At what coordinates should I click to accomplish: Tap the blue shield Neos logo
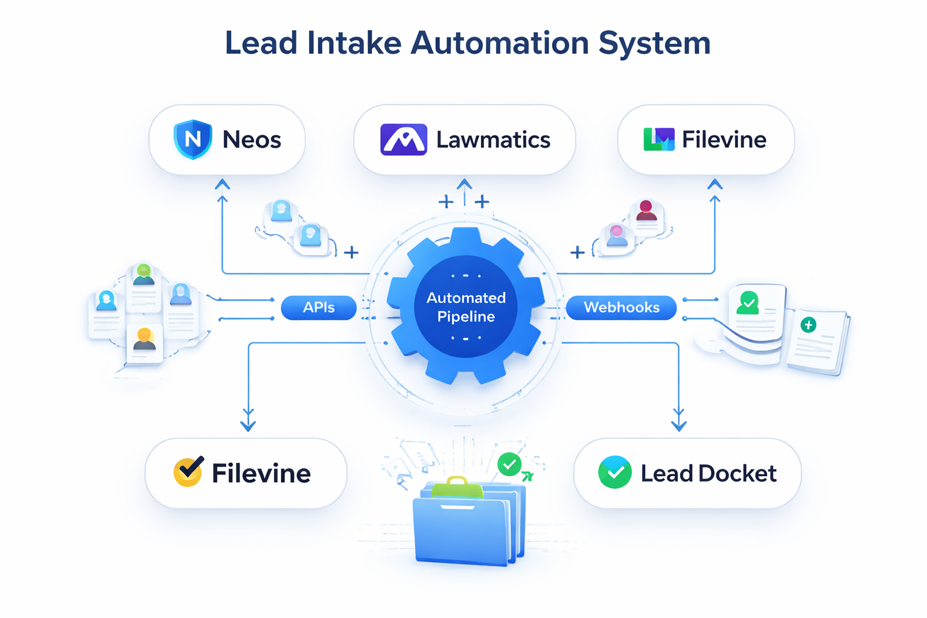coord(193,139)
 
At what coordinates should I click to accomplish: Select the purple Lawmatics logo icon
coord(404,139)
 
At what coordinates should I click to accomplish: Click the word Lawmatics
coord(493,140)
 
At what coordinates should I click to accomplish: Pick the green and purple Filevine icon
coord(658,139)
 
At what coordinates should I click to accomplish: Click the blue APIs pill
coord(319,308)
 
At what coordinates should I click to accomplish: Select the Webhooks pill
coord(621,308)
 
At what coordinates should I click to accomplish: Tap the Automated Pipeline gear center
coord(465,307)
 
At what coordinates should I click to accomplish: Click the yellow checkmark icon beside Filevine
coord(188,472)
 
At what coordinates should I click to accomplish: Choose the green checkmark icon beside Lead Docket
coord(614,473)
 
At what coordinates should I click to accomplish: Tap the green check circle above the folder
coord(509,464)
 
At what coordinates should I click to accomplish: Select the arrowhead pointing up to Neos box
coord(222,184)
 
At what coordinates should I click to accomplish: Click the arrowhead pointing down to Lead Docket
coord(678,425)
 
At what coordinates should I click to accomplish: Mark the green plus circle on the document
coord(808,325)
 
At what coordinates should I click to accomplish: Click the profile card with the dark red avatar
coord(646,215)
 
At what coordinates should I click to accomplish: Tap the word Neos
coord(252,140)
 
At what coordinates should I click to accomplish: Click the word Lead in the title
coord(261,43)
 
